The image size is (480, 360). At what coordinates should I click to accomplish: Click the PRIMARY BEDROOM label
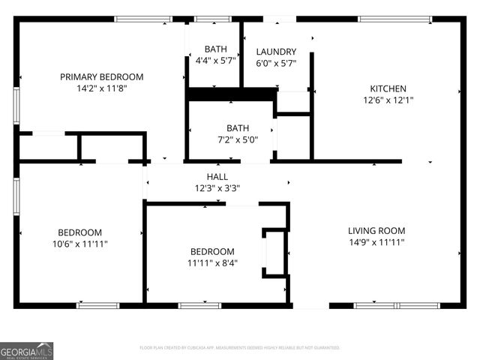pyautogui.click(x=101, y=76)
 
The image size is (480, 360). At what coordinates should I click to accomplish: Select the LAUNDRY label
pyautogui.click(x=276, y=52)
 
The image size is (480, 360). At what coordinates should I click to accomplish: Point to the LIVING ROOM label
pyautogui.click(x=376, y=230)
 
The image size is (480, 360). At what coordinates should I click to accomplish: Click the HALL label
pyautogui.click(x=217, y=176)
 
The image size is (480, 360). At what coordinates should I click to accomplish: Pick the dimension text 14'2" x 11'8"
pyautogui.click(x=101, y=88)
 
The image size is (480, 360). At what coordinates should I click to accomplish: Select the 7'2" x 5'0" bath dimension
pyautogui.click(x=238, y=139)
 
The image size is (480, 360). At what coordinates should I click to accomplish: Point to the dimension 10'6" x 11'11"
pyautogui.click(x=80, y=244)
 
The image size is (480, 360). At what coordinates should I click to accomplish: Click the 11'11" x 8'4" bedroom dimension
pyautogui.click(x=212, y=263)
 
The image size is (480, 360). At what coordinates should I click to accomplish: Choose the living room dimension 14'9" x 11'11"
pyautogui.click(x=376, y=242)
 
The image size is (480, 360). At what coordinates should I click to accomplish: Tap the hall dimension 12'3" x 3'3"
pyautogui.click(x=217, y=188)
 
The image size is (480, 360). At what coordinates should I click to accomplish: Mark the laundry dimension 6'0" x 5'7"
pyautogui.click(x=276, y=64)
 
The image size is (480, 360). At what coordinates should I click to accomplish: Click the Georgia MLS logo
pyautogui.click(x=26, y=350)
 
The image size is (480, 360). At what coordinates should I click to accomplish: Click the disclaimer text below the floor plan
pyautogui.click(x=239, y=348)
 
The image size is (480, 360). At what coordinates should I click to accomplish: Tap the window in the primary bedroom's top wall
pyautogui.click(x=143, y=18)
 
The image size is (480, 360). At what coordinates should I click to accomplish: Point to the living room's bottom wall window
pyautogui.click(x=386, y=305)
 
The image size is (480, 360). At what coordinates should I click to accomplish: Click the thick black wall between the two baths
pyautogui.click(x=232, y=94)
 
